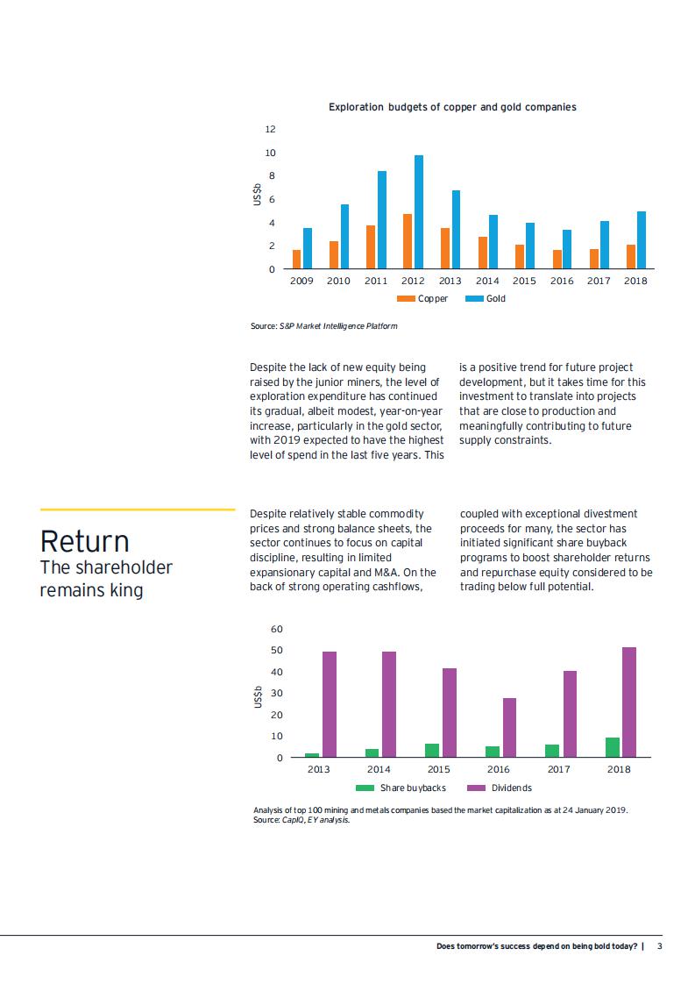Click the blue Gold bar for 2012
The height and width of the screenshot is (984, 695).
[x=419, y=212]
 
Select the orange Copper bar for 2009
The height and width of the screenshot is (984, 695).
[x=297, y=260]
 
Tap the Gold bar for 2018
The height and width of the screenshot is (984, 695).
[x=642, y=240]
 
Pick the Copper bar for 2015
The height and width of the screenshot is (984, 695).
[x=520, y=257]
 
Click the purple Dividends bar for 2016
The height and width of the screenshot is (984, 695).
[x=509, y=728]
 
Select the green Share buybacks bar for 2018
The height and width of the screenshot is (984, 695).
[x=613, y=747]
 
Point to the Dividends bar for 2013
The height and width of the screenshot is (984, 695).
[x=330, y=704]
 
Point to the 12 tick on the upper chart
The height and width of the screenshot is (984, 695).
[x=270, y=130]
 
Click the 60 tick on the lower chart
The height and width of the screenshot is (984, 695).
[x=277, y=630]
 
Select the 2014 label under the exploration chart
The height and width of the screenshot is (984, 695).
[x=487, y=282]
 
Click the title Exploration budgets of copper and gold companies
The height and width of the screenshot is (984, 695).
[x=452, y=107]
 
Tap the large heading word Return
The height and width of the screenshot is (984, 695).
[x=84, y=541]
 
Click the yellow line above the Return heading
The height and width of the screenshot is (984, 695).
[x=138, y=510]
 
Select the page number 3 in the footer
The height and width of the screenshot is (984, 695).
[x=660, y=946]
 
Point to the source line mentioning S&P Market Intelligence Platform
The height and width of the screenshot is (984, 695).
[x=323, y=326]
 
